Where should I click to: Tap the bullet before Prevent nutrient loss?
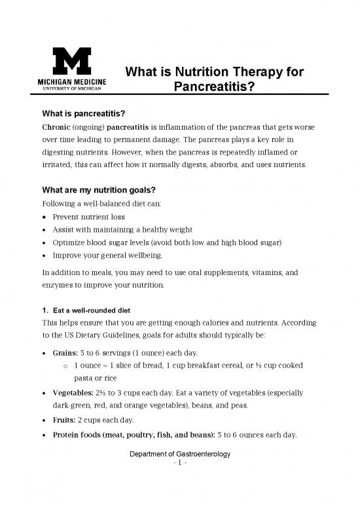click(43, 217)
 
